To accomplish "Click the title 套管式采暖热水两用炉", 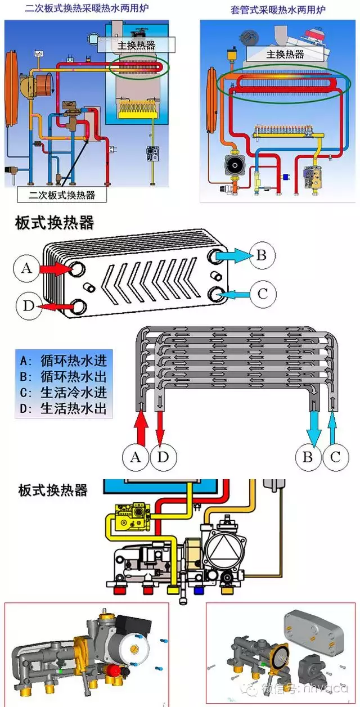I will click(x=278, y=10).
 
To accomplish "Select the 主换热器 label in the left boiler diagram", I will click(x=136, y=44).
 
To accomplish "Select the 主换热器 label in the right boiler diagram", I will click(x=285, y=54).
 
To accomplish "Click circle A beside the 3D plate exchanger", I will click(x=26, y=269).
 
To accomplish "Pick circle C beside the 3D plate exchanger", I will click(x=262, y=293).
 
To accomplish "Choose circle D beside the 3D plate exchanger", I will click(x=28, y=306).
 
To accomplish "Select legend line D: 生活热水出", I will click(x=63, y=408).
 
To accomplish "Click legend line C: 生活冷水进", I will click(x=63, y=393).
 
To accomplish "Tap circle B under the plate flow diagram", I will click(x=307, y=457).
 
